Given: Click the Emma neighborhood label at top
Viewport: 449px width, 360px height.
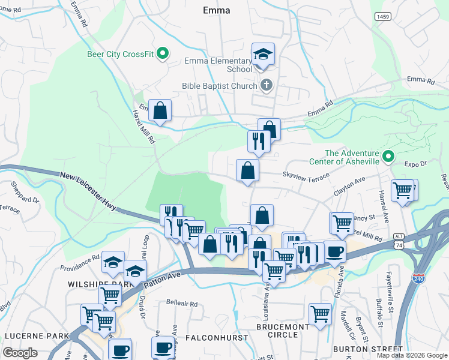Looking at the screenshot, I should point(217,10).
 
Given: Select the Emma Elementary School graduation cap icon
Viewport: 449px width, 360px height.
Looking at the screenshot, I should point(263,55).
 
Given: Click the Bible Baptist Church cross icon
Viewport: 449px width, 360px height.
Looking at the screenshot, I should point(267,86).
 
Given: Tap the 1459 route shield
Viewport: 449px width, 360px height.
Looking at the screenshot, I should point(384,17).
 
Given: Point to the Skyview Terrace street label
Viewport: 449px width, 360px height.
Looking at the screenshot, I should point(306,176).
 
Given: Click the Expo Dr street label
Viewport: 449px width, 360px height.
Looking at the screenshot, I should point(415,163).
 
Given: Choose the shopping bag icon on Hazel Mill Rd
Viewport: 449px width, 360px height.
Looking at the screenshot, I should point(160,110).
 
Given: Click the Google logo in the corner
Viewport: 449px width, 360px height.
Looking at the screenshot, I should point(19,353).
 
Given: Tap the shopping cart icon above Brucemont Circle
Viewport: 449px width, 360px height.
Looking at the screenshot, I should point(320,313).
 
